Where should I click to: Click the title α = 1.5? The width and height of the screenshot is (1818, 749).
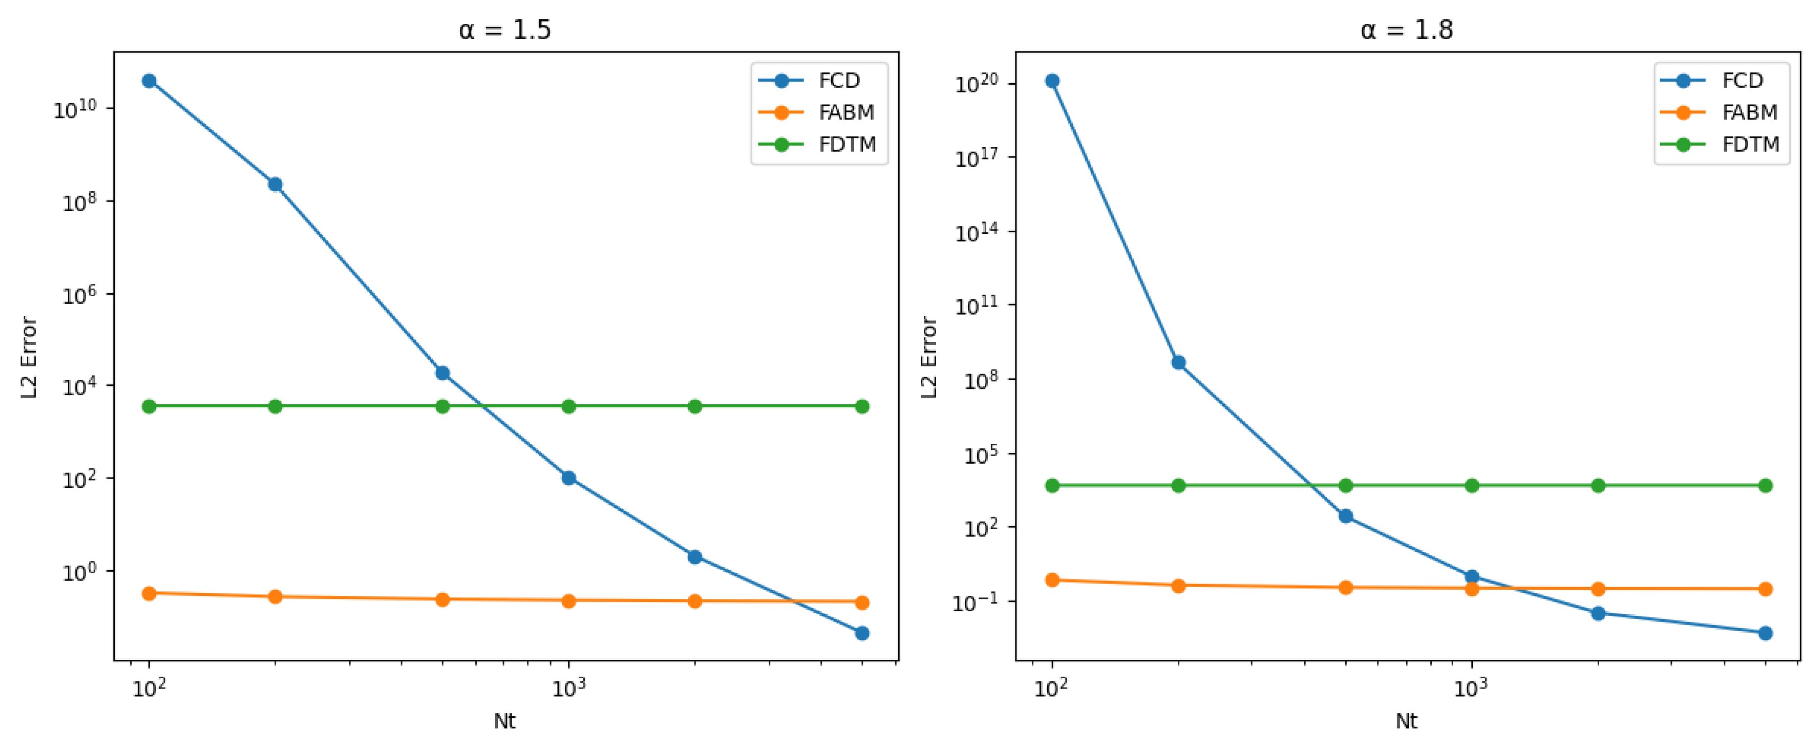click(x=504, y=30)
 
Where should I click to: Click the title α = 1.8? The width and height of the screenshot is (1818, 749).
click(x=1406, y=30)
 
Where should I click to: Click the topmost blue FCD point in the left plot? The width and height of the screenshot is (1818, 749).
click(x=149, y=80)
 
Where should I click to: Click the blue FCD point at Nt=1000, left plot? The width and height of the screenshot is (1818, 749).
click(x=568, y=478)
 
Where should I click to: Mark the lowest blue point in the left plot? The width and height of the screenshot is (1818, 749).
click(x=861, y=633)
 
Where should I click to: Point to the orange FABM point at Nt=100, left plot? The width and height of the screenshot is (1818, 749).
click(x=149, y=593)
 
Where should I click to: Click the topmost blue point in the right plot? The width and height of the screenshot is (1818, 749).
click(x=1052, y=80)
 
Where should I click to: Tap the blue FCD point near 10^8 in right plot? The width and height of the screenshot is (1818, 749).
click(x=1178, y=362)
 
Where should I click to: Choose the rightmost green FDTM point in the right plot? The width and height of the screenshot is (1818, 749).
click(x=1765, y=485)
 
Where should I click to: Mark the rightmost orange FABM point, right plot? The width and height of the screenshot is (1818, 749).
click(x=1765, y=589)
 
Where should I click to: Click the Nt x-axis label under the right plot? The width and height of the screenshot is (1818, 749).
click(x=1406, y=721)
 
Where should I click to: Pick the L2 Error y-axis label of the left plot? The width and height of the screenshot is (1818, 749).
click(x=28, y=357)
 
